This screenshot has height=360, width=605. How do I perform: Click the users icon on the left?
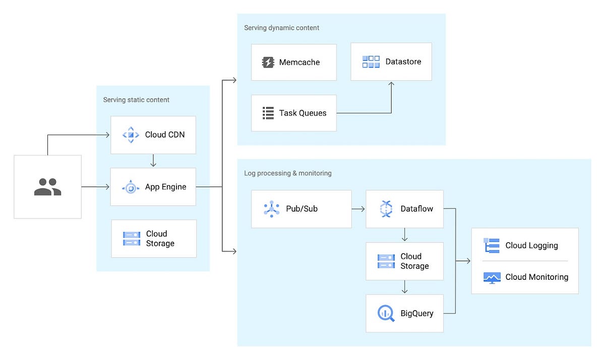pyautogui.click(x=47, y=187)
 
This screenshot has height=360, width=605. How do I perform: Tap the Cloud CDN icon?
pyautogui.click(x=131, y=135)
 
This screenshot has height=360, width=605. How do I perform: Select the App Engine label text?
pyautogui.click(x=165, y=187)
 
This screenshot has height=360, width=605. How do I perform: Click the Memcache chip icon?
pyautogui.click(x=268, y=63)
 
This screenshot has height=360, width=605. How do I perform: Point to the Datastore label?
pyautogui.click(x=403, y=62)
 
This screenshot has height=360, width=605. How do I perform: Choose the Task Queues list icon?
pyautogui.click(x=268, y=113)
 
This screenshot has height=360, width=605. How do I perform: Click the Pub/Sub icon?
pyautogui.click(x=271, y=209)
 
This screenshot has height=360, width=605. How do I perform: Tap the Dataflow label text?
pyautogui.click(x=416, y=209)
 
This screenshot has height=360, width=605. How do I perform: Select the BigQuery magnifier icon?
pyautogui.click(x=386, y=314)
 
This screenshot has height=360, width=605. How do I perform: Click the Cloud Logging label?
pyautogui.click(x=531, y=246)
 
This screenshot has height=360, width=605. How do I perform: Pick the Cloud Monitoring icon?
pyautogui.click(x=492, y=277)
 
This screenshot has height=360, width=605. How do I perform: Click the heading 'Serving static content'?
pyautogui.click(x=136, y=100)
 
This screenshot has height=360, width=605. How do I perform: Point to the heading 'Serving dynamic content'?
pyautogui.click(x=281, y=28)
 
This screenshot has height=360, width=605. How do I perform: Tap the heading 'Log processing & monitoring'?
pyautogui.click(x=288, y=173)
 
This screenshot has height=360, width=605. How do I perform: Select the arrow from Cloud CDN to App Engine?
pyautogui.click(x=153, y=161)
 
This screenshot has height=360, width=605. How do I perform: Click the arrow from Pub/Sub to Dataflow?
pyautogui.click(x=358, y=209)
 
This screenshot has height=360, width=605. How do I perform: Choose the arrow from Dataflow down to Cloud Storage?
pyautogui.click(x=405, y=235)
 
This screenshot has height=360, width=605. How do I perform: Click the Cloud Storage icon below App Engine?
pyautogui.click(x=132, y=238)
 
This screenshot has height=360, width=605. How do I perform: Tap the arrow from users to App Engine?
pyautogui.click(x=95, y=187)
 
